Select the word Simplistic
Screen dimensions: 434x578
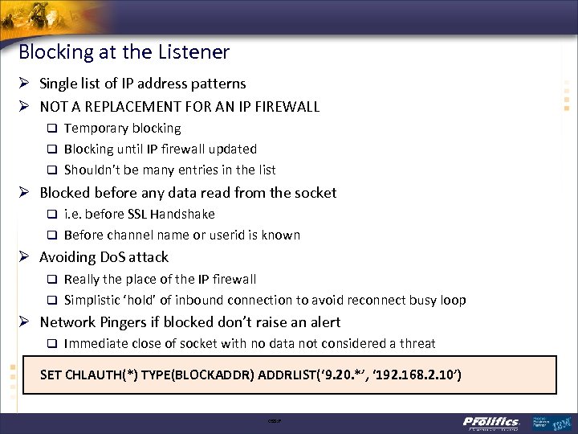[x=94, y=300]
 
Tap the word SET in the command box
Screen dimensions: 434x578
[x=51, y=375]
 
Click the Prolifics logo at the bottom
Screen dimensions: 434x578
[x=491, y=422]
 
